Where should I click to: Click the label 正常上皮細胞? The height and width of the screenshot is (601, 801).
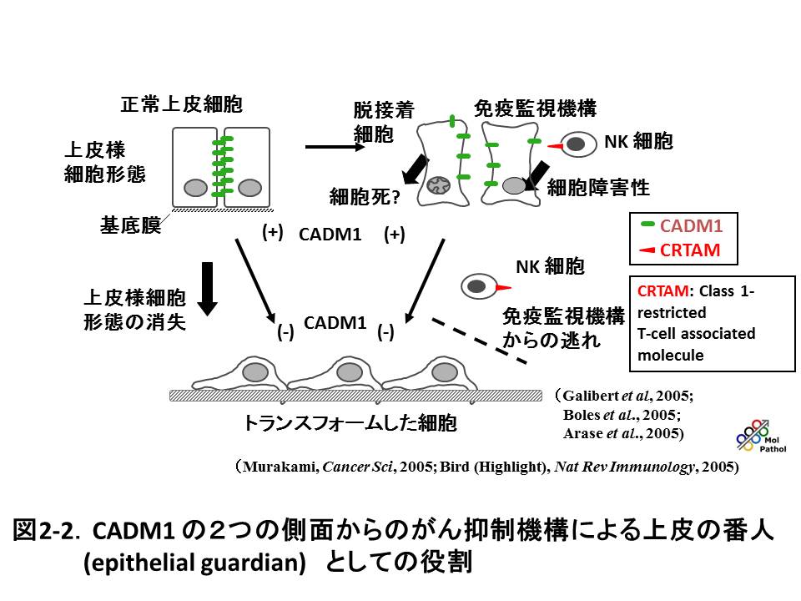pyautogui.click(x=181, y=105)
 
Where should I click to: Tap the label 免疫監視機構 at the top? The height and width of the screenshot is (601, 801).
pyautogui.click(x=535, y=109)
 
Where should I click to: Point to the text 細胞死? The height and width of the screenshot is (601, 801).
pyautogui.click(x=365, y=197)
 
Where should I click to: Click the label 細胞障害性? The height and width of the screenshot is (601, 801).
pyautogui.click(x=597, y=188)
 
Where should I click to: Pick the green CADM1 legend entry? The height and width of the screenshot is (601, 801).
pyautogui.click(x=683, y=226)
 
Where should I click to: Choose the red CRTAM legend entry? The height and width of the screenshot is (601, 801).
pyautogui.click(x=683, y=250)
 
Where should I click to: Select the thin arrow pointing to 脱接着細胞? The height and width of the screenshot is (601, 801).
pyautogui.click(x=335, y=147)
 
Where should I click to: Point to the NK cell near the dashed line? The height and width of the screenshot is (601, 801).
pyautogui.click(x=477, y=287)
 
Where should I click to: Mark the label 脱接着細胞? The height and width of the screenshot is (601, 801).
pyautogui.click(x=383, y=122)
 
